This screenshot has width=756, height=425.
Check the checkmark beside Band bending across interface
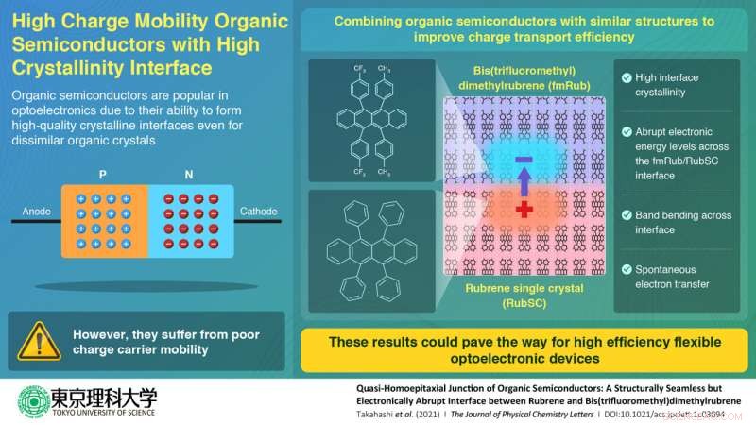(x=627, y=215)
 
